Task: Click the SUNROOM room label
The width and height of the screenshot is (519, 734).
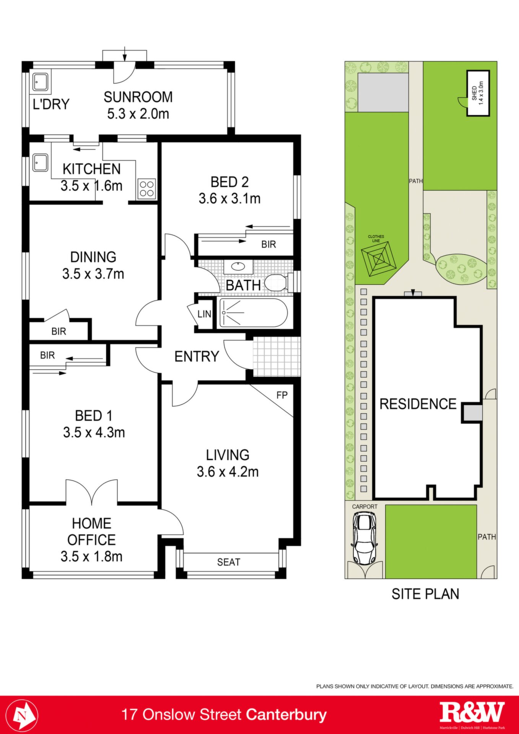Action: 138,97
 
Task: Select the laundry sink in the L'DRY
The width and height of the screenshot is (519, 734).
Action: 40,82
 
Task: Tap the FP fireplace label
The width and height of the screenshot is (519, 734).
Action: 282,395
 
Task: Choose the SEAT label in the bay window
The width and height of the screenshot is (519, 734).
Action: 229,562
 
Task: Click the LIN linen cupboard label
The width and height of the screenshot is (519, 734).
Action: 204,314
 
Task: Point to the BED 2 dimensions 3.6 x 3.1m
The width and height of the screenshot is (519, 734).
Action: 229,199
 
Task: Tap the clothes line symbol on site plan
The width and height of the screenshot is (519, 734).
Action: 379,260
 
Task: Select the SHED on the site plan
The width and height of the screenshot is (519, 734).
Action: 478,93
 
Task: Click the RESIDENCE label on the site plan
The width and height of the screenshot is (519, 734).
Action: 418,404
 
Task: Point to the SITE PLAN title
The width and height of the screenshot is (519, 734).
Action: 425,594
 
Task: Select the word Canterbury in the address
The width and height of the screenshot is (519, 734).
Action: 286,715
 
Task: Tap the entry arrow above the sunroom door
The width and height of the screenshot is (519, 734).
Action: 125,54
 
